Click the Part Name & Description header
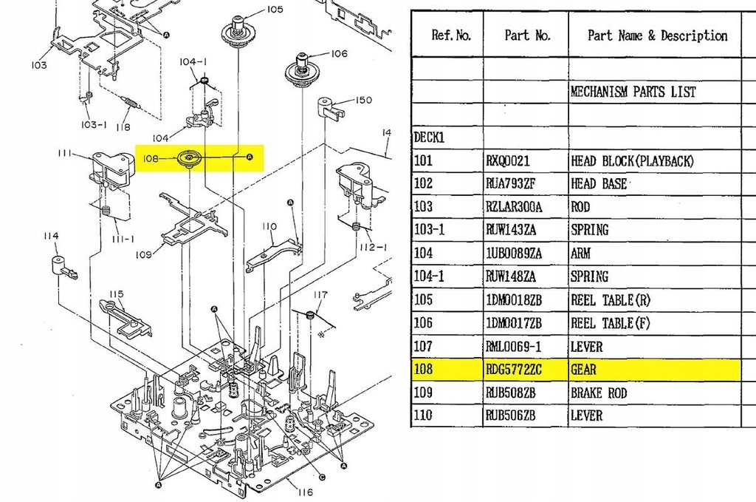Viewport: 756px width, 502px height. coord(656,35)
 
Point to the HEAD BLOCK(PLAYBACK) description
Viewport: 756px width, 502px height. coord(632,160)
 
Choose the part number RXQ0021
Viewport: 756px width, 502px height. coord(509,160)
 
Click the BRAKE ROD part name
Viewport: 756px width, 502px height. coord(598,393)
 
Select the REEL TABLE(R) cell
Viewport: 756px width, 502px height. coord(612,300)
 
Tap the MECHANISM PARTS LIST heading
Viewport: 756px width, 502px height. coord(633,92)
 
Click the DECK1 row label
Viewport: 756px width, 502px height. coord(429,138)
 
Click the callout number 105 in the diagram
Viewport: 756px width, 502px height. coord(275,10)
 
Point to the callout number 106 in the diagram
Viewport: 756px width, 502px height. coord(339,53)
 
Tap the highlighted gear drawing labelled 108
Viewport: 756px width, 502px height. coord(190,158)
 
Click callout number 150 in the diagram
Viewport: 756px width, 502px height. coord(363,100)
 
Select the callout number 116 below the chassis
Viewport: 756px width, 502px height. coord(304,492)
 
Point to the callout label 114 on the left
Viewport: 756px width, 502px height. coord(50,236)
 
